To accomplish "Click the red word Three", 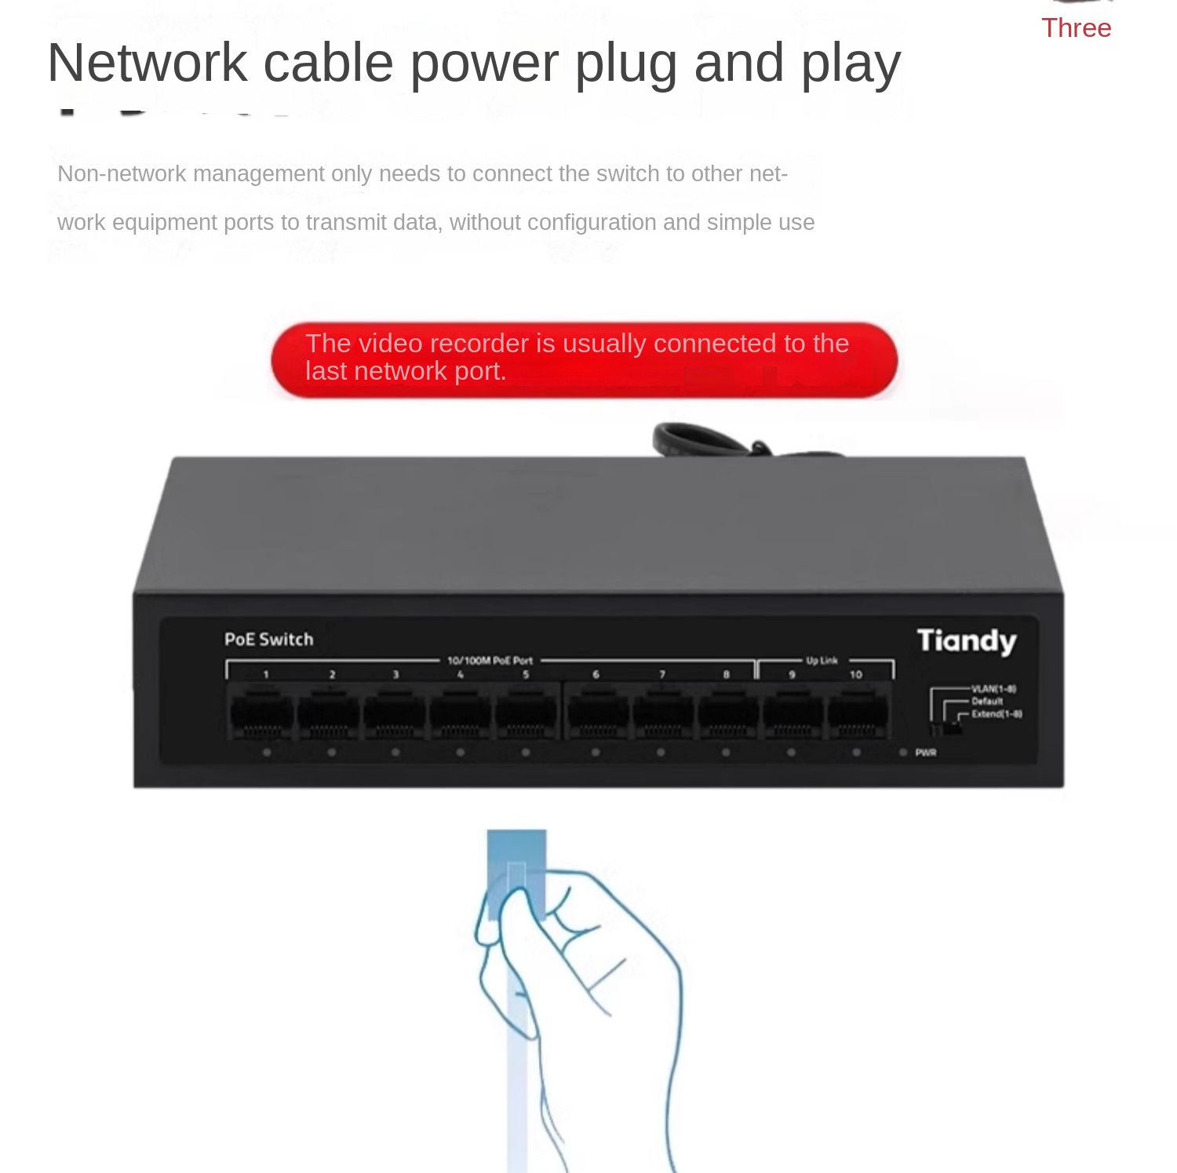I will click(x=1076, y=28).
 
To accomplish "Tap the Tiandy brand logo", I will click(x=967, y=641).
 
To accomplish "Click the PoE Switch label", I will click(x=268, y=639).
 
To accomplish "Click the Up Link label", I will click(x=822, y=661).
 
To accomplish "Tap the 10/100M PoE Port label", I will click(x=490, y=661).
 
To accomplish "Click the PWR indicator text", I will click(x=926, y=752).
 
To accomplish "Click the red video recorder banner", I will click(x=584, y=359).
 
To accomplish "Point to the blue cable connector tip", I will click(x=516, y=847).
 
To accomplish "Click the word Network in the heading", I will click(x=148, y=63).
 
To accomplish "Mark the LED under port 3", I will click(x=395, y=752).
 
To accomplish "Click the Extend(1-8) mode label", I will click(x=997, y=714).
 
